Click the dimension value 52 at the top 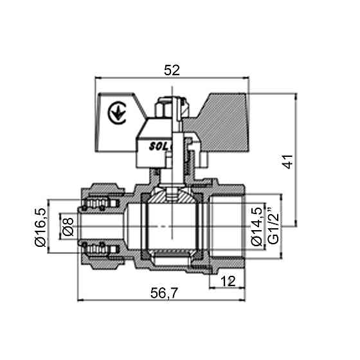(171, 71)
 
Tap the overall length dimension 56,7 (164, 292)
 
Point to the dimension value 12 (227, 281)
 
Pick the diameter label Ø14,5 (255, 226)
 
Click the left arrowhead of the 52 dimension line (98, 78)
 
